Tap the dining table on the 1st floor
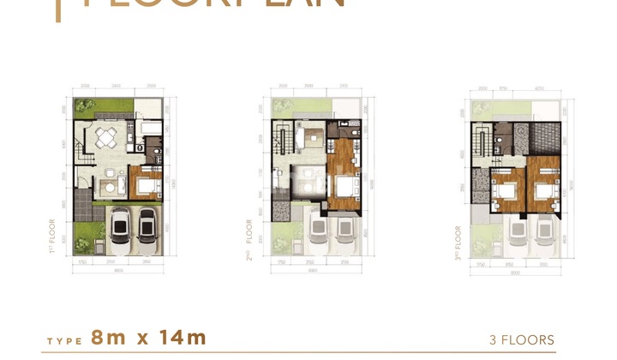coord(105,137)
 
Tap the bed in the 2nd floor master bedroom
coord(347,189)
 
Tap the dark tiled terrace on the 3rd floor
coord(542,136)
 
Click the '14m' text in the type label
coord(181,338)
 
